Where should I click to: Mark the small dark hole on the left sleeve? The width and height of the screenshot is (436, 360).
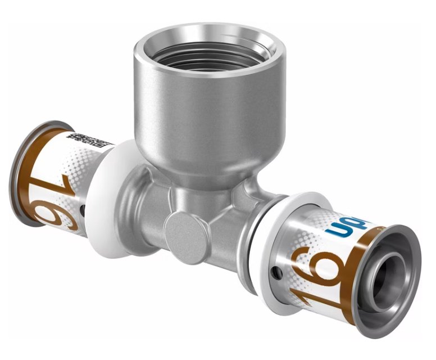pos(83,211)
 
